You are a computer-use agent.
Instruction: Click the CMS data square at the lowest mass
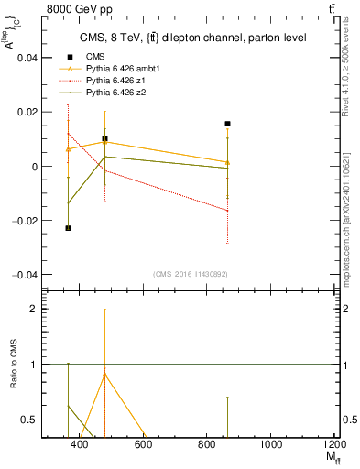click(x=68, y=228)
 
